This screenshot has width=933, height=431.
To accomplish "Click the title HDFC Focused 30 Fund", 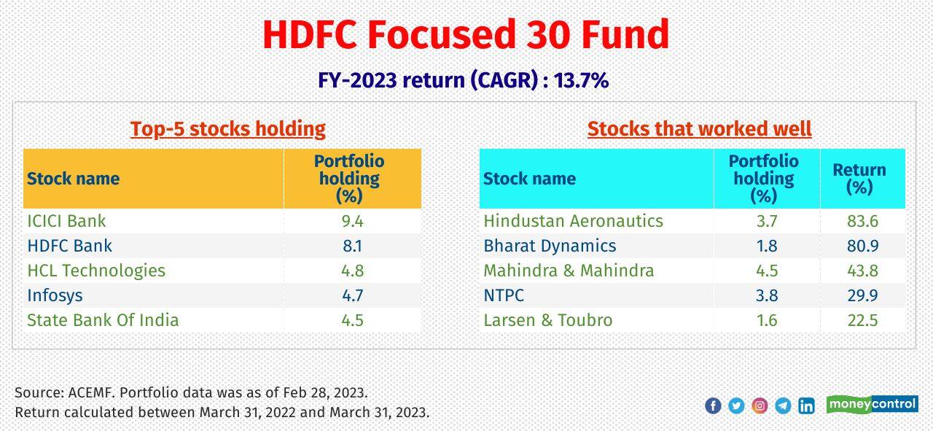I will point(466,34).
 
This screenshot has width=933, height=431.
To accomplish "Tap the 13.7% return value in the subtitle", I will point(582,80).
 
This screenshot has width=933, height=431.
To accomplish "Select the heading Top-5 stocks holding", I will point(227,129).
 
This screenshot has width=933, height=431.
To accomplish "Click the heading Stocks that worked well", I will point(699,129).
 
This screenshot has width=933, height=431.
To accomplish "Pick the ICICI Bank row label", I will point(66,221).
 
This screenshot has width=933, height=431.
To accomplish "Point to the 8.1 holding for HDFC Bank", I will point(352,246).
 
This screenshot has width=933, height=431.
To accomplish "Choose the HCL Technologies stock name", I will point(96,271).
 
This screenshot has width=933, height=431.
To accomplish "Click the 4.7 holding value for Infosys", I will point(352,295).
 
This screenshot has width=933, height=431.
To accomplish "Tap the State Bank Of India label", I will point(103,320).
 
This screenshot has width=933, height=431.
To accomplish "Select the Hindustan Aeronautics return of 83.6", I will point(862,221).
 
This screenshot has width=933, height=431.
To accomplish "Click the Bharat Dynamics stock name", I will point(550,246).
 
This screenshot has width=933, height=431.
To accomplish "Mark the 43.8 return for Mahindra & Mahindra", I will point(862,271).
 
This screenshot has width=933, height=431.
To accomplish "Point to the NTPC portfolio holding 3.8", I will point(767,295).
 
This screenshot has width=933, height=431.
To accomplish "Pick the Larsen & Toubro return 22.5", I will point(862,320).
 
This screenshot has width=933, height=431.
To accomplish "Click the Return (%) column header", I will point(860,179).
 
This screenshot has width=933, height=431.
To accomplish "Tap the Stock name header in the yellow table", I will point(73,179).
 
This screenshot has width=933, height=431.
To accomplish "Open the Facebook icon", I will point(713,406).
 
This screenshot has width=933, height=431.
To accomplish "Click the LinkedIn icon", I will point(806,406).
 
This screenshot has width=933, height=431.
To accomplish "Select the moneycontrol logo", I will point(872,404).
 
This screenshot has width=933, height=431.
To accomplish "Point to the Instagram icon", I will point(760,406).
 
